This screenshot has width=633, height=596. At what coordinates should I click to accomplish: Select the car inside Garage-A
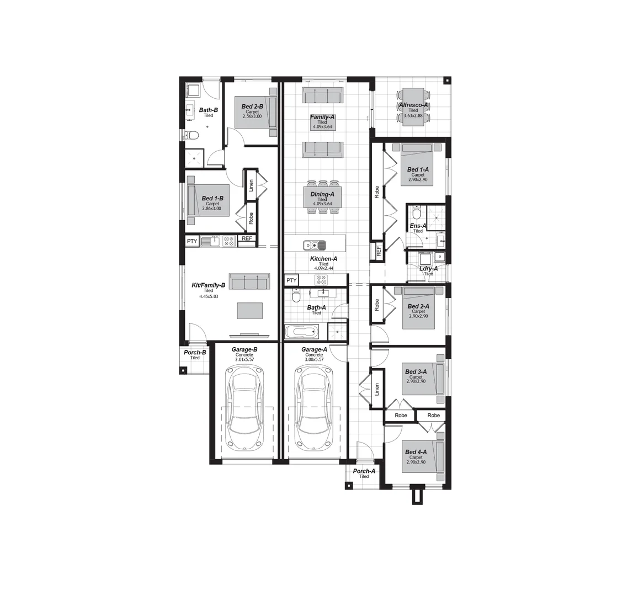tap(314, 408)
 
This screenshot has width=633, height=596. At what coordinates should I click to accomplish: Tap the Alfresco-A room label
tap(413, 105)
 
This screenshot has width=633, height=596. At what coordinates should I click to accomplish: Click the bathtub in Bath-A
tap(301, 332)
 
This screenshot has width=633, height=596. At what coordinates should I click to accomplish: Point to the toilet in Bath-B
tap(193, 135)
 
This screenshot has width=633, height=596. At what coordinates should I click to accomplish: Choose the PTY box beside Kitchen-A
tap(291, 280)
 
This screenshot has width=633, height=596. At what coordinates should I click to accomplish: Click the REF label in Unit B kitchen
tap(247, 239)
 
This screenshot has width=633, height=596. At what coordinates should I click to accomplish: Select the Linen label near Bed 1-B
tap(251, 186)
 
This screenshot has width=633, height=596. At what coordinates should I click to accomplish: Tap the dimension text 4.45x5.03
tap(208, 296)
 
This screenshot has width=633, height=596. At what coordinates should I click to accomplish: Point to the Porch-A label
tap(364, 471)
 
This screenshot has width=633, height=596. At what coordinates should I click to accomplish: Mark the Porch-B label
tap(195, 352)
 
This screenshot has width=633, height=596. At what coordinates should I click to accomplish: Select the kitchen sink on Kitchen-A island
tap(315, 244)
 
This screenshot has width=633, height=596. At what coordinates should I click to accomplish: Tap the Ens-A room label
tap(418, 226)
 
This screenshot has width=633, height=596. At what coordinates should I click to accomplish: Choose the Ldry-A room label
tap(428, 268)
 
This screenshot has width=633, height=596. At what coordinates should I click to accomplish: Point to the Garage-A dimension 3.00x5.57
tap(314, 359)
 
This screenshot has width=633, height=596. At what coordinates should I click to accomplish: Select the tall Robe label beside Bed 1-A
tap(377, 192)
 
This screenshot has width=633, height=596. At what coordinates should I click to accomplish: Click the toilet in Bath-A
tap(296, 298)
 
